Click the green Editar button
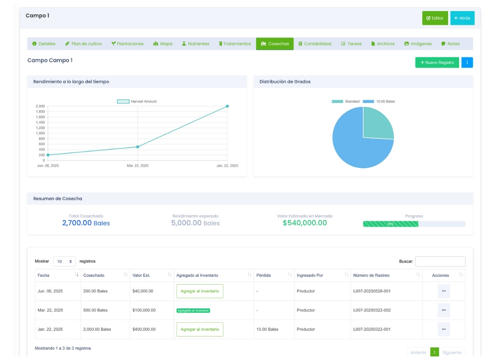[x=435, y=18]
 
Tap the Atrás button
[x=462, y=18]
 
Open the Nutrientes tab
[x=195, y=44]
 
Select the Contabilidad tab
[x=315, y=44]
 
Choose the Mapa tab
[x=163, y=44]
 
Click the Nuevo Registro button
[x=437, y=62]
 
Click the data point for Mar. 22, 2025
[x=138, y=147]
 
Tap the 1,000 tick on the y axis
[x=40, y=133]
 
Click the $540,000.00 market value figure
[x=305, y=223]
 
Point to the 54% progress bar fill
[x=390, y=224]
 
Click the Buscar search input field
[x=440, y=261]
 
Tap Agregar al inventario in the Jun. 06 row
[x=200, y=291]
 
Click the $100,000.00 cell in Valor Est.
[x=144, y=310]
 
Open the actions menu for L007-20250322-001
[x=444, y=329]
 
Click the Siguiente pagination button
[x=452, y=352]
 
